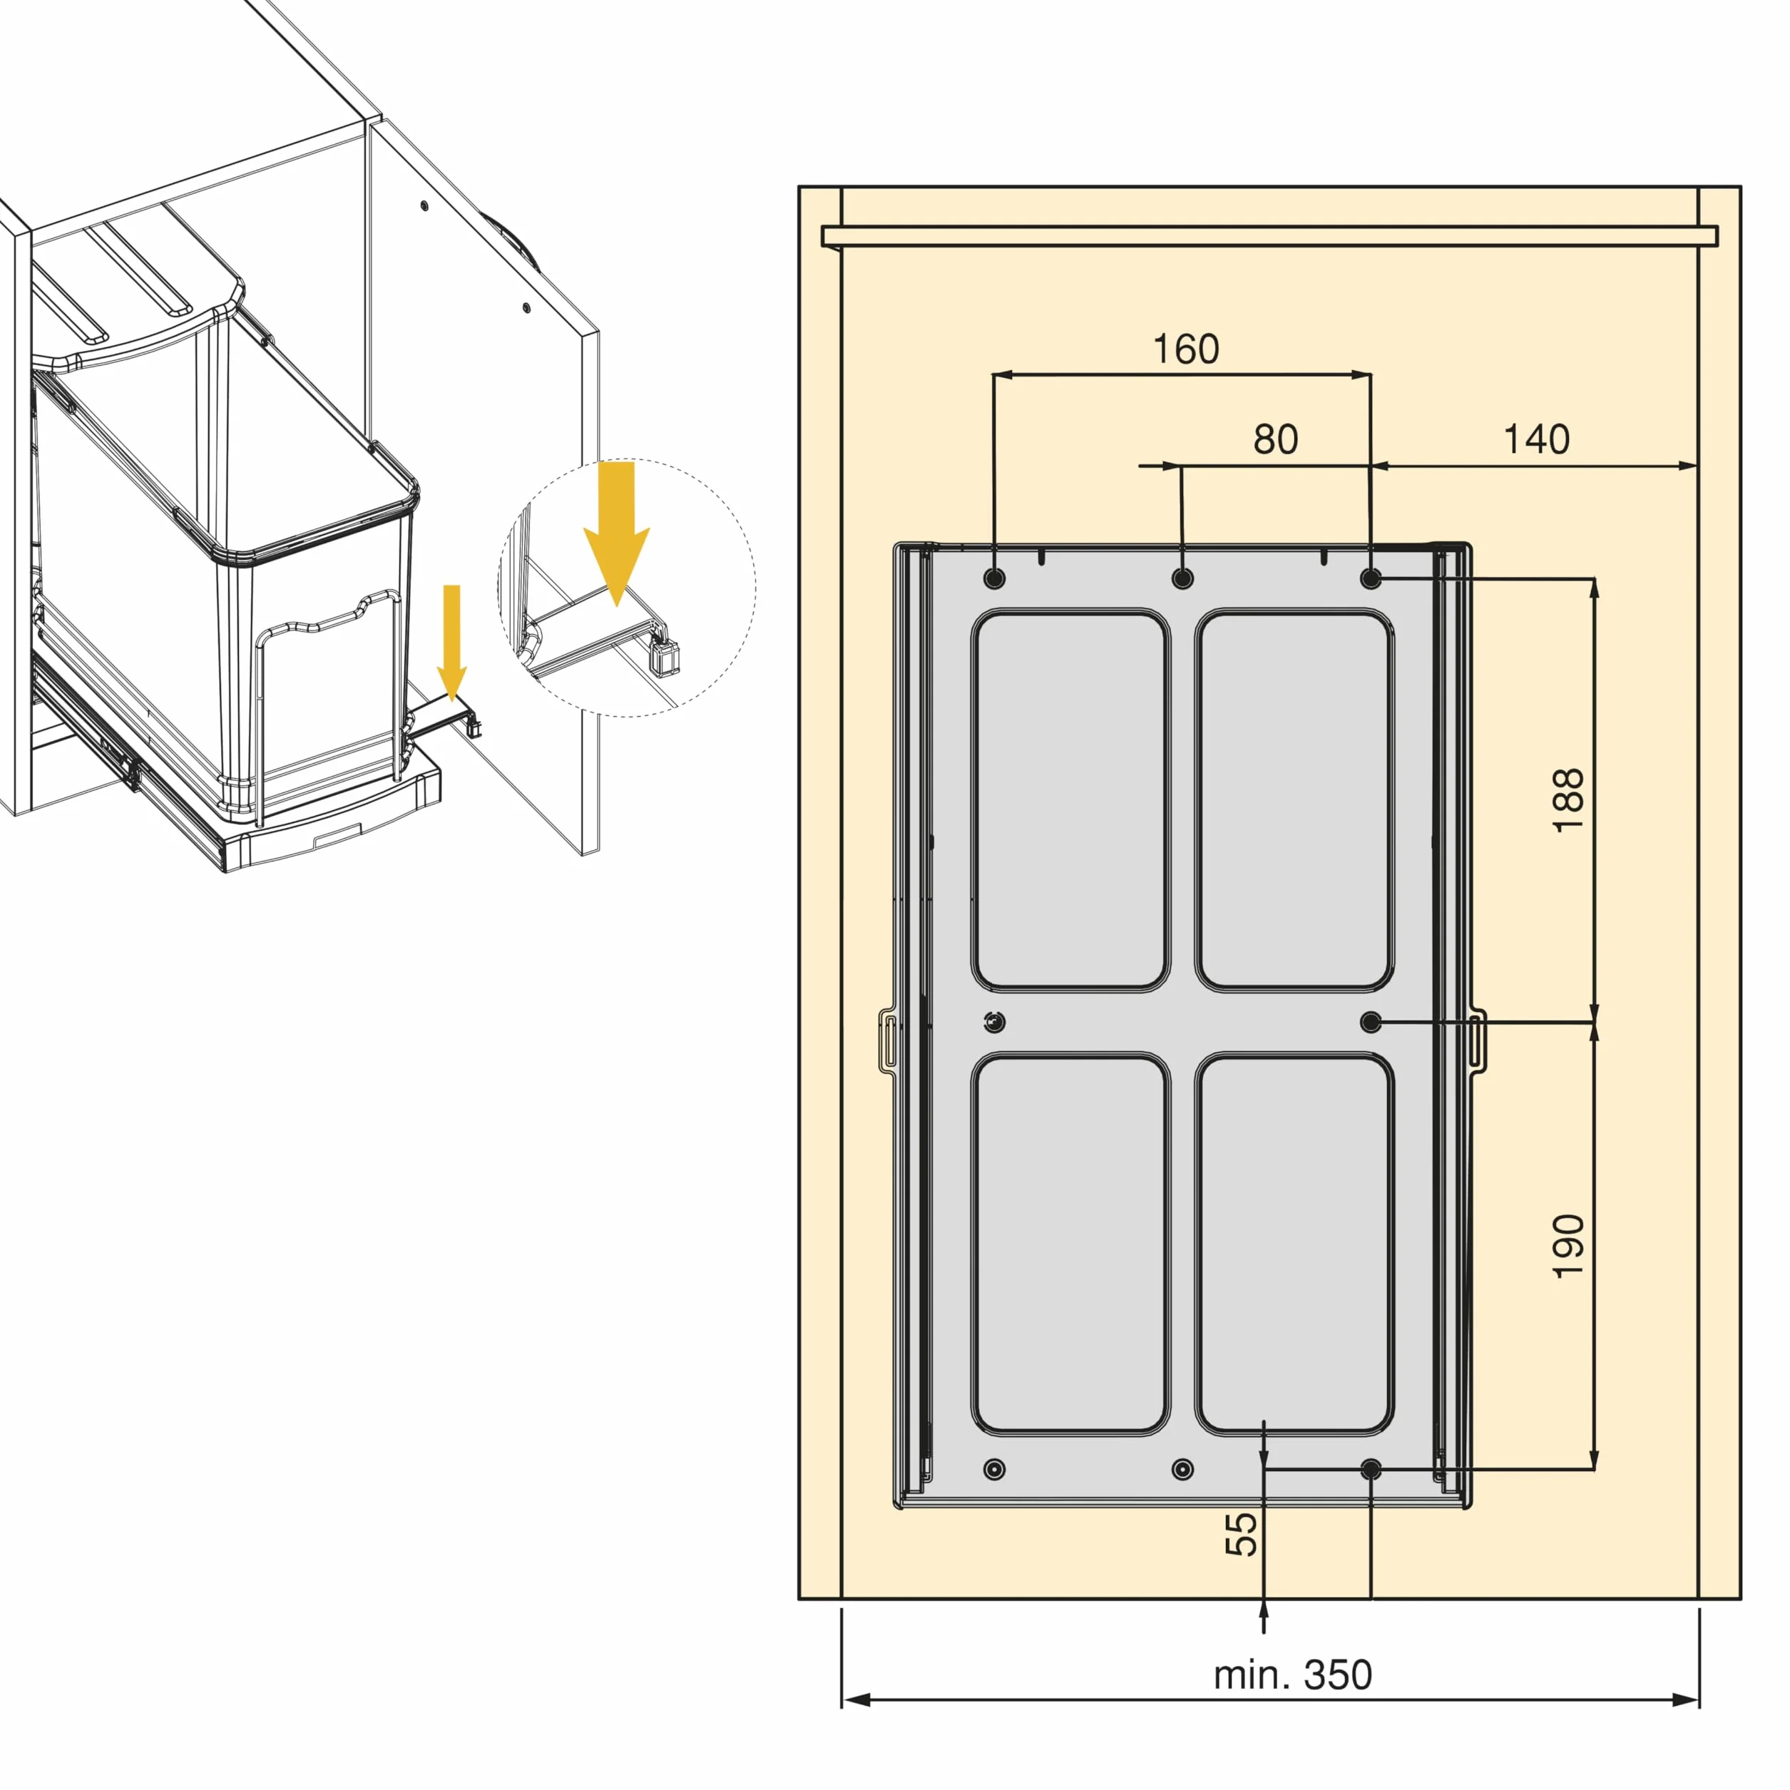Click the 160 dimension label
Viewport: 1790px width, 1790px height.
click(1185, 349)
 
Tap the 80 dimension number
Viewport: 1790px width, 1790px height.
click(1276, 439)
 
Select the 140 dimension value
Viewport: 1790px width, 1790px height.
click(1536, 439)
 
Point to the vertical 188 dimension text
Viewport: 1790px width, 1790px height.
click(1568, 800)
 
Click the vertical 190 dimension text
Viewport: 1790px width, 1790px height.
click(1568, 1246)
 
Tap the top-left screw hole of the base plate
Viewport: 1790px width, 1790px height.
click(994, 579)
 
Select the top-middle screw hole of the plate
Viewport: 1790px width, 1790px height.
click(1182, 579)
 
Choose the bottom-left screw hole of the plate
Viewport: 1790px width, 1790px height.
click(994, 1468)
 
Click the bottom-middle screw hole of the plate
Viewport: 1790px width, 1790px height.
click(1182, 1468)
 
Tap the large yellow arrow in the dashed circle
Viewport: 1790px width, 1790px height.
click(616, 533)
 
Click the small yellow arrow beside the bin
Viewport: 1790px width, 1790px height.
click(451, 642)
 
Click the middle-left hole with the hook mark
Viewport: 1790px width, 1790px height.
click(994, 1022)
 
